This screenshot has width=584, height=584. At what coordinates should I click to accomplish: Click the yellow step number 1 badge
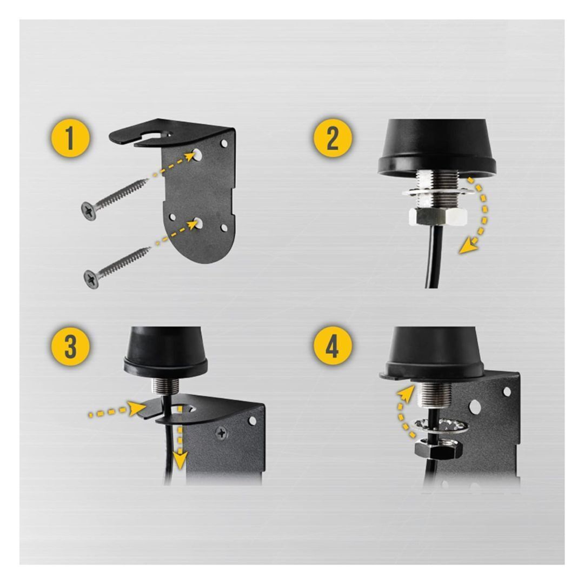tap(70, 138)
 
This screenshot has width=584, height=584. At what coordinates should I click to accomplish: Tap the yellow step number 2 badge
tap(333, 138)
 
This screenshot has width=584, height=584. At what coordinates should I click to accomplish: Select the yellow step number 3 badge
tap(70, 347)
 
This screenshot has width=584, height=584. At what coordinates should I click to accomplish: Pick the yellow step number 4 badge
tap(333, 347)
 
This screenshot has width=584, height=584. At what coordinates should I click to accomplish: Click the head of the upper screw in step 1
tap(89, 211)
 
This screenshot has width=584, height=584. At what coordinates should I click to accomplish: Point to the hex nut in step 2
tap(438, 216)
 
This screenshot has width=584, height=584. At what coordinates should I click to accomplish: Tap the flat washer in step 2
tap(438, 193)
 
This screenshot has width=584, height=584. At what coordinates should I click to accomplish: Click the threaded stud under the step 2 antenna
tap(438, 188)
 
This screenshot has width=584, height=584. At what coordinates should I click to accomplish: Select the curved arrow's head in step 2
tap(468, 246)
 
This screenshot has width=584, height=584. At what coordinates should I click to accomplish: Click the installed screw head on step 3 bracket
tap(222, 433)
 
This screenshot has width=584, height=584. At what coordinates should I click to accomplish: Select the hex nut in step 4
tap(439, 448)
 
